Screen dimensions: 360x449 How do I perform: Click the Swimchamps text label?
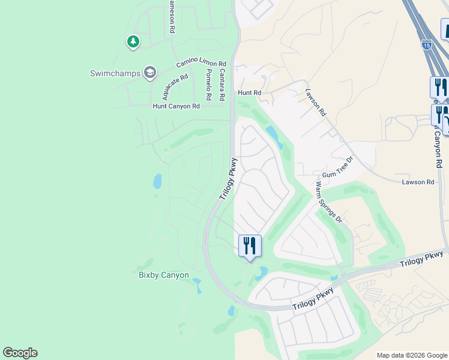tap(115, 73)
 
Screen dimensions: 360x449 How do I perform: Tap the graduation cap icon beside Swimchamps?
tap(149, 73)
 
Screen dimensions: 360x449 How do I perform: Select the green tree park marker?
tap(133, 42)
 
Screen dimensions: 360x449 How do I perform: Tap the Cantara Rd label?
tap(221, 84)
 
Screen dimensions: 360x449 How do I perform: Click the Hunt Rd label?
tap(250, 93)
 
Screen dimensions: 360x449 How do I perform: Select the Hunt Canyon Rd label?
tap(176, 106)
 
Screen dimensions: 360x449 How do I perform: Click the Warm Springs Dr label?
tap(328, 202)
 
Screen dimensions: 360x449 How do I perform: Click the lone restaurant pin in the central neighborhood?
tap(250, 245)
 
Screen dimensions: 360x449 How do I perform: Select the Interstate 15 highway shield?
tap(426, 44)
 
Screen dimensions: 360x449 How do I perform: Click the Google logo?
tap(20, 353)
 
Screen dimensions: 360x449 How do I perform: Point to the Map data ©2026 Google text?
tap(412, 355)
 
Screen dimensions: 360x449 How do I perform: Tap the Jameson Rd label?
tap(172, 16)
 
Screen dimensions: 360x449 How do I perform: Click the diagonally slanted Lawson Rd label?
tap(316, 103)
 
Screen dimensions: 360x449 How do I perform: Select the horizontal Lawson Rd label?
tap(418, 182)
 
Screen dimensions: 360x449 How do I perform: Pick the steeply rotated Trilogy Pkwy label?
tap(229, 179)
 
